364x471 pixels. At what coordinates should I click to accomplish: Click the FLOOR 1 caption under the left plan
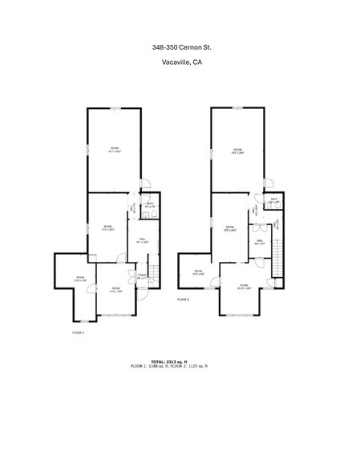tap(79, 332)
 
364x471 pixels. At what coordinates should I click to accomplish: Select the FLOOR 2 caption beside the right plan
tap(183, 299)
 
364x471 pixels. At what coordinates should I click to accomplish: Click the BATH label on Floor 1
tap(149, 204)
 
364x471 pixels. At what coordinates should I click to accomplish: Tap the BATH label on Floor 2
tap(273, 201)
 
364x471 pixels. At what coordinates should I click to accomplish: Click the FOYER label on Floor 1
tap(142, 276)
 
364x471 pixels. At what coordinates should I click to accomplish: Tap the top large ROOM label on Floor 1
tap(115, 149)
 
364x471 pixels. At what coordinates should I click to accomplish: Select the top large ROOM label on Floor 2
tap(238, 151)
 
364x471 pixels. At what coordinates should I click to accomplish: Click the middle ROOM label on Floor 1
tap(107, 227)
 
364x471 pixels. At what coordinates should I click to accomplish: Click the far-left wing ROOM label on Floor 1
tap(80, 279)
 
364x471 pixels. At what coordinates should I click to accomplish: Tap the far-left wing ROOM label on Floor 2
tap(199, 272)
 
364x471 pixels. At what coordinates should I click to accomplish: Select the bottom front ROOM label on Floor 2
tap(244, 286)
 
